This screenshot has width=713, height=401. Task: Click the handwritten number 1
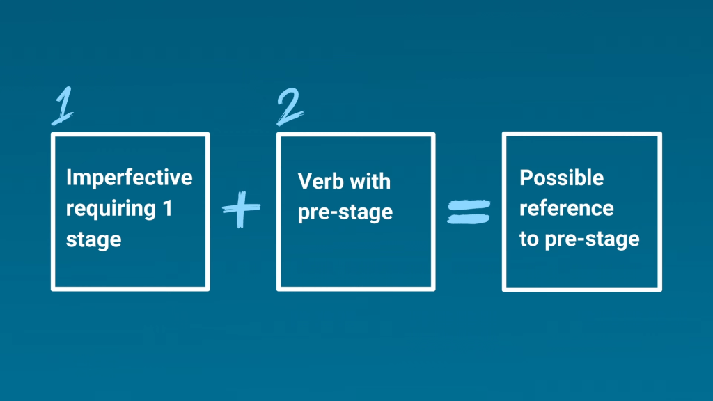tap(63, 107)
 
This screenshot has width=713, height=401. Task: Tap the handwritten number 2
tap(290, 107)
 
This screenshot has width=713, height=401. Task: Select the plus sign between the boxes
tap(241, 209)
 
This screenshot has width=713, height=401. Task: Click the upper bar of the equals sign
tap(469, 205)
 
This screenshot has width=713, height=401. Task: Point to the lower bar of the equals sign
tap(469, 219)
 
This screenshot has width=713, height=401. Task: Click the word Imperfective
tap(129, 178)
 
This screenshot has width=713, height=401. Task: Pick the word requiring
tap(111, 209)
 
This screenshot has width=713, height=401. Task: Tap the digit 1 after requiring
tap(167, 208)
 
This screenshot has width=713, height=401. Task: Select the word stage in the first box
tap(94, 240)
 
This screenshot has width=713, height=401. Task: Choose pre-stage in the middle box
tap(345, 212)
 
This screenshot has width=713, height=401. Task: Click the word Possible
tap(562, 178)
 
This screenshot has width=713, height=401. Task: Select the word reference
tap(567, 208)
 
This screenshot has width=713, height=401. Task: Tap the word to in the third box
tap(529, 239)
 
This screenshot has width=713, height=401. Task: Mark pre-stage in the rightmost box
tap(592, 239)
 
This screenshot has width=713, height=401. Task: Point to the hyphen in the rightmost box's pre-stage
tap(579, 239)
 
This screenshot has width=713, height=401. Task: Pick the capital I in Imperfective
tap(68, 178)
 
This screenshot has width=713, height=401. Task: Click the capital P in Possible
tap(526, 178)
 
